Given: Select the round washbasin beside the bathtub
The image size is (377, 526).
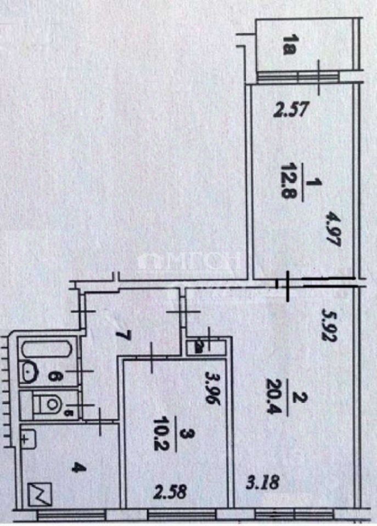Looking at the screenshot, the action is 29,373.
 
